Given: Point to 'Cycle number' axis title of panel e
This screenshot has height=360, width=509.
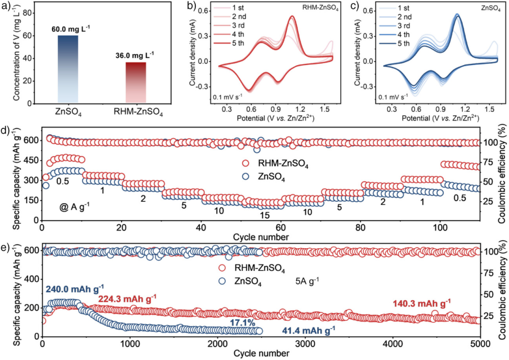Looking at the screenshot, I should [x=262, y=354].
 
